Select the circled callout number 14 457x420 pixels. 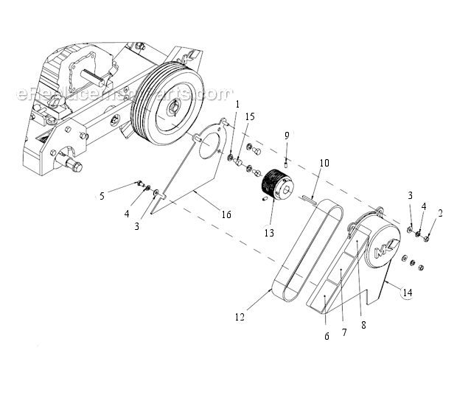[407, 293]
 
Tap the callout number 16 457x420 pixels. [226, 214]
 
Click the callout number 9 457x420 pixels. [287, 135]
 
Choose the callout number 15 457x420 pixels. [250, 117]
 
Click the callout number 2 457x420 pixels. [441, 214]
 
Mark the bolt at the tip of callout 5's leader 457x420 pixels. [138, 183]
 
